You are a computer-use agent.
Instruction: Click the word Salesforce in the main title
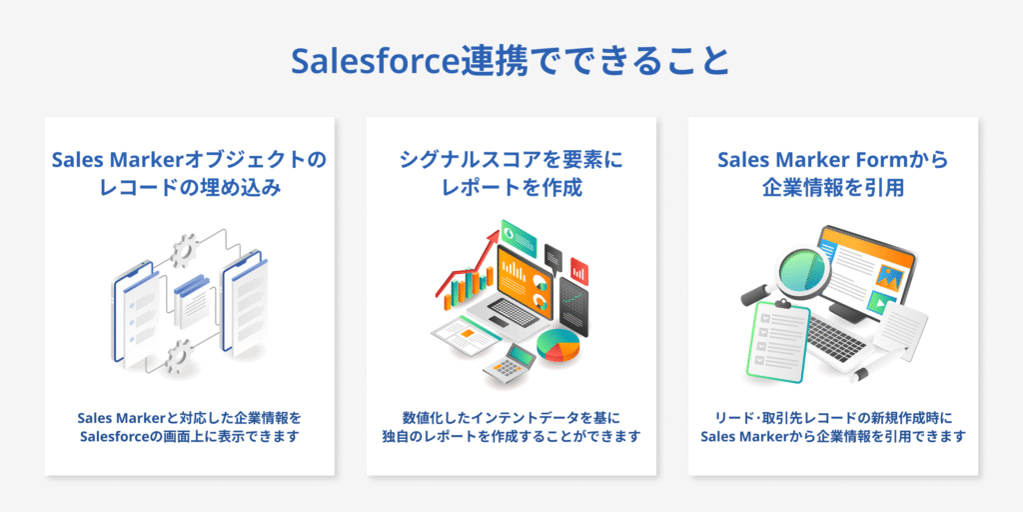[x=375, y=61]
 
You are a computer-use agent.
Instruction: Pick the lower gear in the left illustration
[x=178, y=356]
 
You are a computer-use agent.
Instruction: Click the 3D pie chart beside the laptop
[x=557, y=345]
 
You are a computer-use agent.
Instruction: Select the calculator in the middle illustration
[x=510, y=365]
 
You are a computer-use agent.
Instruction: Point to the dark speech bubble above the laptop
[x=553, y=256]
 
